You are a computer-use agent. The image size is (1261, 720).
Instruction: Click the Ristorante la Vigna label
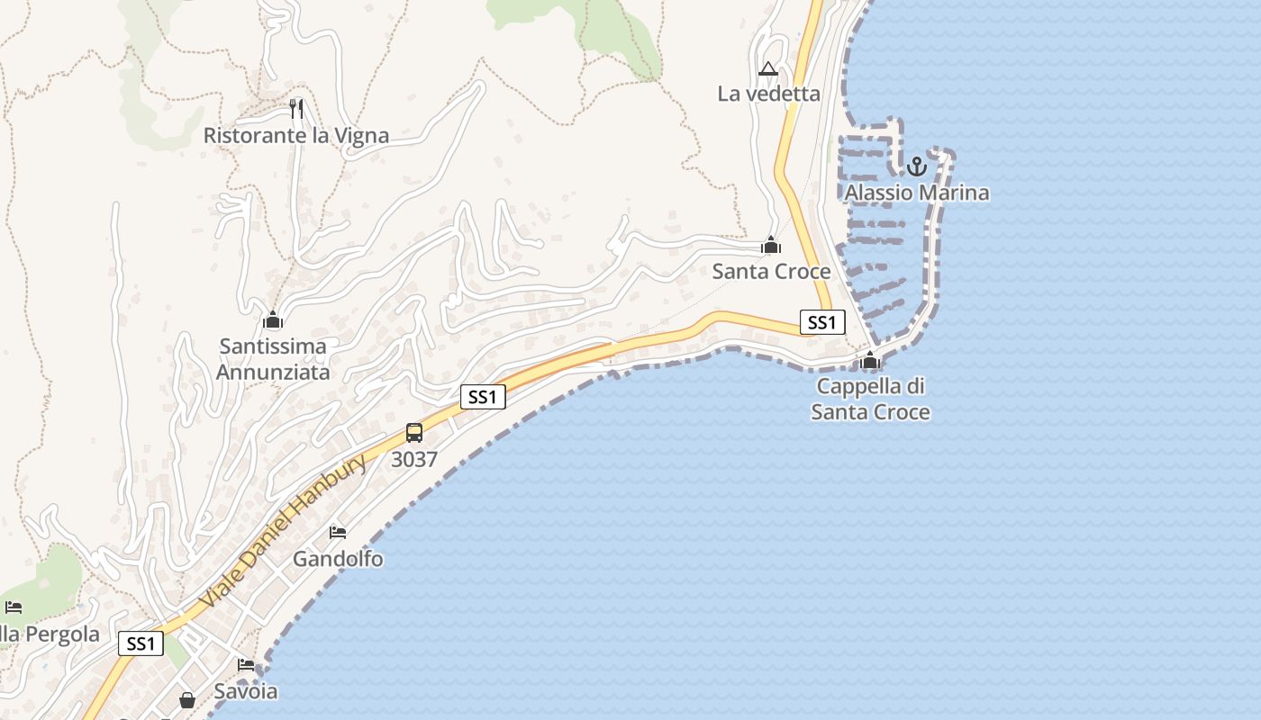pos(295,136)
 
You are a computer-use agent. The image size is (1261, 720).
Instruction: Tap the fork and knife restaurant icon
pos(296,109)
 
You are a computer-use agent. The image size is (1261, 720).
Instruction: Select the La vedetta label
pos(768,94)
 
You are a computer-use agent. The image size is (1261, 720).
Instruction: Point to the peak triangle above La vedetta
pos(767,68)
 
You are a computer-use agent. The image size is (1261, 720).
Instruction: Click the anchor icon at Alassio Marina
pos(916,166)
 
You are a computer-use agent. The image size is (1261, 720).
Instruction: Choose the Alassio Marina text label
pos(916,193)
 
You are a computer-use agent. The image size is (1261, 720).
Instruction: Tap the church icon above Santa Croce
pos(771,245)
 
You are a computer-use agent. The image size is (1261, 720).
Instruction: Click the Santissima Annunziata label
pos(273,358)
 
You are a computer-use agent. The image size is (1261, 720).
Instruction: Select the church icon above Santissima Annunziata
pos(273,319)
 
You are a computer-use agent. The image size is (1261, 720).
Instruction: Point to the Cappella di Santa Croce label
pos(870,399)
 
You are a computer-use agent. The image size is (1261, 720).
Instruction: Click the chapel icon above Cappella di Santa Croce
pos(870,361)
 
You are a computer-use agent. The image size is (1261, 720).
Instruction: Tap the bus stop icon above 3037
pos(414,433)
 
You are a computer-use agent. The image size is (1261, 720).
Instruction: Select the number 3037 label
pos(414,459)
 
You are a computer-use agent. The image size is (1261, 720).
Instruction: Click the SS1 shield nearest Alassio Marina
pos(821,322)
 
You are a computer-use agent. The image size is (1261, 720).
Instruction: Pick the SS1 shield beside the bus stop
pos(483,397)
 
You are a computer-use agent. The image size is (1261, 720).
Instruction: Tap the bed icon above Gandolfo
pos(338,533)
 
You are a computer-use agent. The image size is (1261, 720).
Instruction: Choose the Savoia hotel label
pos(245,691)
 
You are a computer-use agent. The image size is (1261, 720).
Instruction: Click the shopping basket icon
pos(187,699)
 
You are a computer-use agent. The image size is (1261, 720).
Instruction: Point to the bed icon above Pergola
pos(13,607)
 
